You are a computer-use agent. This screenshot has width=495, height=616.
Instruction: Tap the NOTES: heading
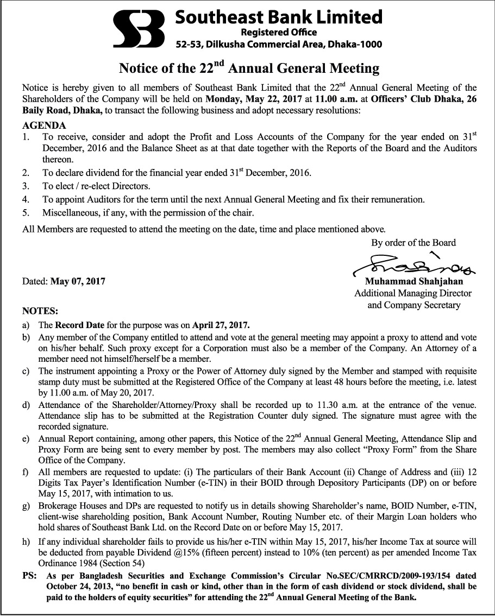pos(40,312)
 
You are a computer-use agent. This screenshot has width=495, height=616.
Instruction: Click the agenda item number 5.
pos(26,212)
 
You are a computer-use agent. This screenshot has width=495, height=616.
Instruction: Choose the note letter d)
pos(26,405)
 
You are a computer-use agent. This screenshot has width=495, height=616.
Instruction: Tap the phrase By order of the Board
pos(413,242)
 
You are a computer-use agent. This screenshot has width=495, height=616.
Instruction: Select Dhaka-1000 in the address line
pos(354,45)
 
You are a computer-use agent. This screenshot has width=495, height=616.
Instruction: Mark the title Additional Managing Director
pos(412,293)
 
